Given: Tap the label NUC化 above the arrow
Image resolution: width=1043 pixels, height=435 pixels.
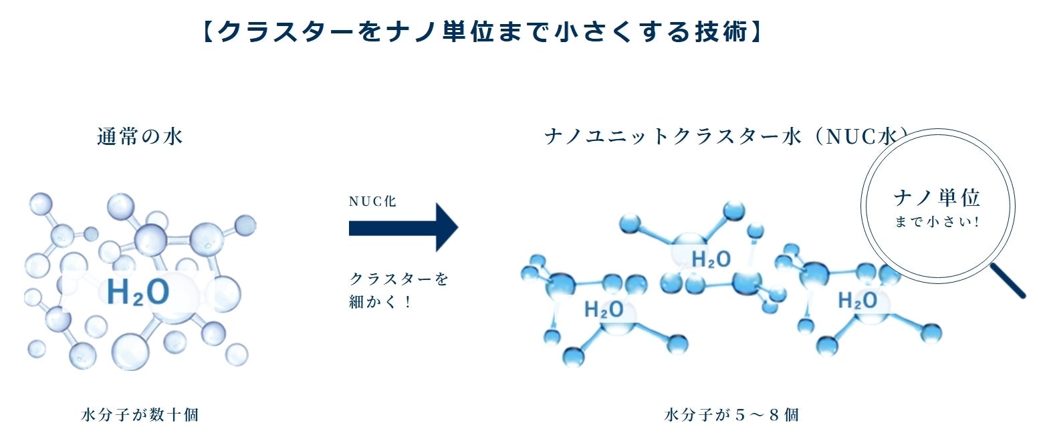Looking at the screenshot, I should coord(372,202).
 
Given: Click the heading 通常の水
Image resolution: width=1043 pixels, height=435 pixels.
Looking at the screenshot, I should coord(140,137).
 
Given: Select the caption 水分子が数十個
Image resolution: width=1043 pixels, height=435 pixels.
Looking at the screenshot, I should coord(140,415).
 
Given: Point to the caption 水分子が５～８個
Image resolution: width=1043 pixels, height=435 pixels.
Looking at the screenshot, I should coord(732,415).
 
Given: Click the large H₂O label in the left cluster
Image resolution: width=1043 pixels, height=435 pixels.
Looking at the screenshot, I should coord(138,292).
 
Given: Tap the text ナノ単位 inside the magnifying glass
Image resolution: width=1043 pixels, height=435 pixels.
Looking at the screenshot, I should coord(937,198).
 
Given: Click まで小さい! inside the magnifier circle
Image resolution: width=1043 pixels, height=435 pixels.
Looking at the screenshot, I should coord(937,222).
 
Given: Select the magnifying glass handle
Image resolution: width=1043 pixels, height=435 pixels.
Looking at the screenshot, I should coord(1008,280).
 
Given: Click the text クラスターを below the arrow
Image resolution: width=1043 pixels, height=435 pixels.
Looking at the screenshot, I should coord(399,279).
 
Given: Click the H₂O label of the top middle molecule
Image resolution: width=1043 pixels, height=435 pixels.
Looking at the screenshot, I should coord(711,259).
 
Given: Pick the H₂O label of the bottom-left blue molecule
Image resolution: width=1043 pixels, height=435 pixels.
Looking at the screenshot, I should coord(604,309).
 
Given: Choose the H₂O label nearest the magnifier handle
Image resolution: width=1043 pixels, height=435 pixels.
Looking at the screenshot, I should coord(857,301).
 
